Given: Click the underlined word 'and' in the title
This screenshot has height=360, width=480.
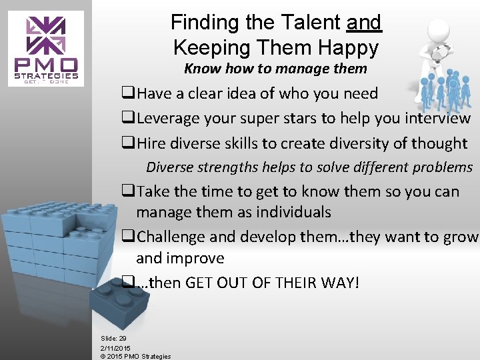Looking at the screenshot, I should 364,23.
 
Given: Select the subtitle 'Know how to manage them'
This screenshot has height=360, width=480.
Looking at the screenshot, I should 275,69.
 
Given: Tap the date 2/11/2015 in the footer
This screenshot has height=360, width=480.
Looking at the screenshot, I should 115,348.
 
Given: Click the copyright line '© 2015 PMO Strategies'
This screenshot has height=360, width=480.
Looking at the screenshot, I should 135,356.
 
